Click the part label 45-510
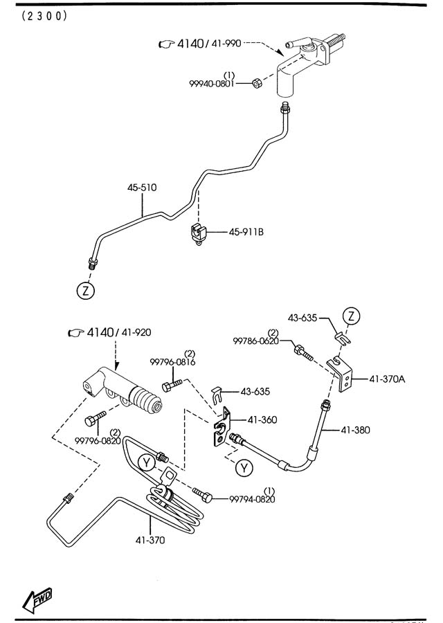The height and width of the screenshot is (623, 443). point(142,187)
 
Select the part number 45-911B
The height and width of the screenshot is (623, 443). point(246,232)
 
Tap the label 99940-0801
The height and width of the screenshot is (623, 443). point(212,83)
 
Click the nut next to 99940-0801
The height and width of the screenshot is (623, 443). point(255,82)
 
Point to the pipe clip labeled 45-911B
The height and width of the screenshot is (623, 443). point(198,233)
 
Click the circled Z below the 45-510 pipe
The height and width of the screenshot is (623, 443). point(85,291)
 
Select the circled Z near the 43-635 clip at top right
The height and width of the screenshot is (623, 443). point(352,317)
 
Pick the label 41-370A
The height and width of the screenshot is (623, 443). point(388,379)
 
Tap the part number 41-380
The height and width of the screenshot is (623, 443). point(356,430)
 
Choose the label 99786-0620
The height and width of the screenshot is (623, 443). point(255,341)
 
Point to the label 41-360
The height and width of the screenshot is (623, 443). point(262,420)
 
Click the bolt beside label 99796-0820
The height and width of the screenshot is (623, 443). point(94,419)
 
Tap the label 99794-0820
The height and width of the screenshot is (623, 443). point(252,498)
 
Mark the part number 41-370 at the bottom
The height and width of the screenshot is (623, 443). point(151,541)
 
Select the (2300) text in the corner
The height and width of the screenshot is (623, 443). point(44,15)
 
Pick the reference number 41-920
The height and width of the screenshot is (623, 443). point(135,333)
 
